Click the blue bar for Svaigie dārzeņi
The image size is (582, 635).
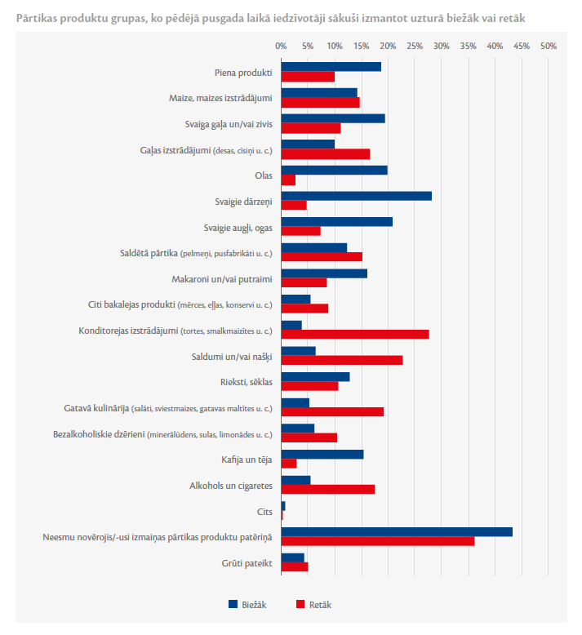pyautogui.click(x=357, y=196)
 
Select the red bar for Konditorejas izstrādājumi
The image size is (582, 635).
pyautogui.click(x=355, y=334)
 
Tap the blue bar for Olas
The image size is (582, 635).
pyautogui.click(x=335, y=170)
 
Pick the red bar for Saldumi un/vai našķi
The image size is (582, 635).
pyautogui.click(x=342, y=360)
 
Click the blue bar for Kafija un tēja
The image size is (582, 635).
pyautogui.click(x=322, y=455)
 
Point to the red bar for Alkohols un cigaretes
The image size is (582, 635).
pyautogui.click(x=328, y=489)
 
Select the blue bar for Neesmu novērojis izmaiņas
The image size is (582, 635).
pyautogui.click(x=397, y=531)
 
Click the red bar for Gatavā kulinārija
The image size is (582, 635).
pyautogui.click(x=332, y=412)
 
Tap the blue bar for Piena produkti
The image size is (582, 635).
pyautogui.click(x=331, y=67)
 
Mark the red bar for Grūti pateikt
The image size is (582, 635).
pyautogui.click(x=295, y=566)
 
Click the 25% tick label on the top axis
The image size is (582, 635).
pyautogui.click(x=415, y=47)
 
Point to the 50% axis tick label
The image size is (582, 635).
pyautogui.click(x=549, y=47)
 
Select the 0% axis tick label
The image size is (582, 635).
pyautogui.click(x=281, y=47)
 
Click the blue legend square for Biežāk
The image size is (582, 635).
pyautogui.click(x=233, y=604)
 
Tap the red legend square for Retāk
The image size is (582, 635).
pyautogui.click(x=300, y=604)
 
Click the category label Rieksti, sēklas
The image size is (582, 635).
pyautogui.click(x=247, y=382)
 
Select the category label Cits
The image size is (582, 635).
pyautogui.click(x=264, y=512)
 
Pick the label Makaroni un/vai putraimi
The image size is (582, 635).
pyautogui.click(x=222, y=279)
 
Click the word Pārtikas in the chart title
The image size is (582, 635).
pyautogui.click(x=36, y=18)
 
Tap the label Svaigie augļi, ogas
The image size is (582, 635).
pyautogui.click(x=238, y=228)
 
